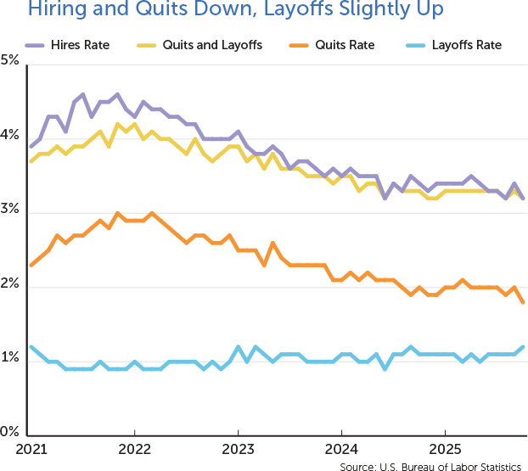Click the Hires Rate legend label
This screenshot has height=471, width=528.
coord(78,43)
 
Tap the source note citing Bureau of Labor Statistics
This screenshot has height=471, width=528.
coord(430,465)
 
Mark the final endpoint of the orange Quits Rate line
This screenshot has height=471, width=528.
coord(522,302)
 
